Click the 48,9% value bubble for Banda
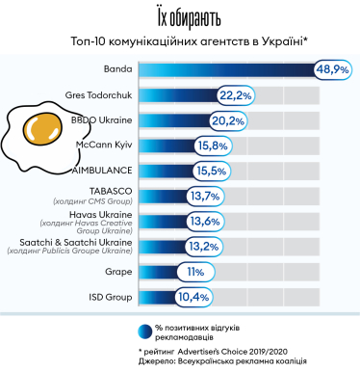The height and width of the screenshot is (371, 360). click(x=333, y=69)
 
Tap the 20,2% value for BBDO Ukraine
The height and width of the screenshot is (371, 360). click(x=228, y=121)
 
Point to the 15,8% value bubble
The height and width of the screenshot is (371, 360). click(x=212, y=146)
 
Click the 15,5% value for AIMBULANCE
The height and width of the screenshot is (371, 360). click(x=210, y=172)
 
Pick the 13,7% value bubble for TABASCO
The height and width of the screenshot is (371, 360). click(x=203, y=196)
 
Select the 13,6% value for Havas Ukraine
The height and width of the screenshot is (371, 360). click(x=203, y=221)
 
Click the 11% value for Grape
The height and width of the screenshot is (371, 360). click(x=194, y=272)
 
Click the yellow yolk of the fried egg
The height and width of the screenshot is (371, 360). click(x=39, y=126)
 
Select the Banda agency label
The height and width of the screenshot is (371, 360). click(x=117, y=69)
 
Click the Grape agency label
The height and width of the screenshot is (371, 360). click(x=116, y=272)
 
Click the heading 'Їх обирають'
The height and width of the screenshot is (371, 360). click(x=179, y=17)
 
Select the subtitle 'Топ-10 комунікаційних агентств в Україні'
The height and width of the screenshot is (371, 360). click(x=179, y=41)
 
